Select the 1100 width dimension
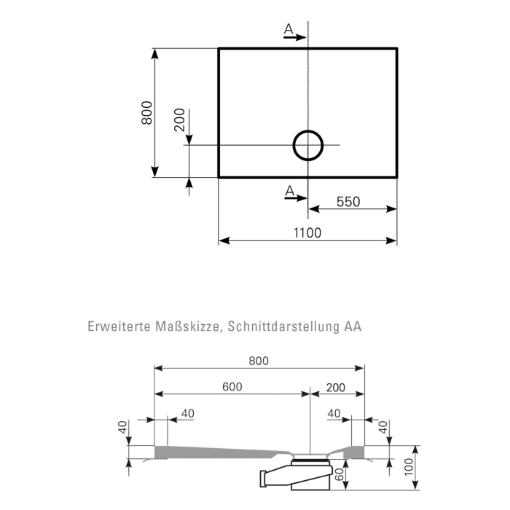[307, 232]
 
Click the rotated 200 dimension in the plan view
[180, 119]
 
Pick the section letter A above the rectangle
[289, 28]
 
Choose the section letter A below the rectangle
[289, 191]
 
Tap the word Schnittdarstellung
[283, 327]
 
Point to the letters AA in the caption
[353, 327]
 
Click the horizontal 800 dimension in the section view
[258, 361]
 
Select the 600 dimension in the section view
[232, 387]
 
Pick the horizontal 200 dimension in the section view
[337, 387]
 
